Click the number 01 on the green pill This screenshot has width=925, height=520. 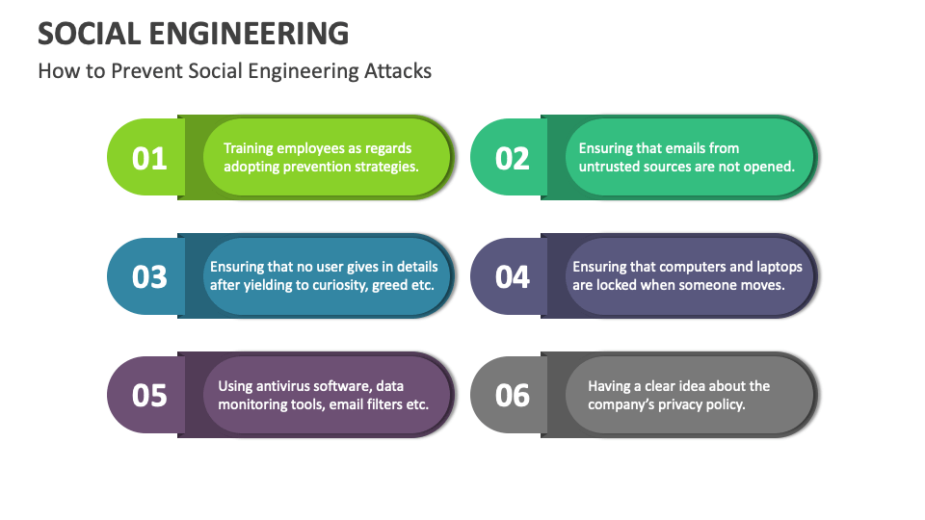click(x=149, y=158)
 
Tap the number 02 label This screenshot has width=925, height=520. click(x=513, y=158)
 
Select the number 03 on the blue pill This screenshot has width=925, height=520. click(x=149, y=277)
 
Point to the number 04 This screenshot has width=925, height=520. click(x=513, y=277)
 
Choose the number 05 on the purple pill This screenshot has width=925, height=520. click(x=149, y=396)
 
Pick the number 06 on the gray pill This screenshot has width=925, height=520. click(x=513, y=396)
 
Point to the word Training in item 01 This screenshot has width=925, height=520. click(x=249, y=148)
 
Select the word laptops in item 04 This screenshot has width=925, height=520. click(x=776, y=267)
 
